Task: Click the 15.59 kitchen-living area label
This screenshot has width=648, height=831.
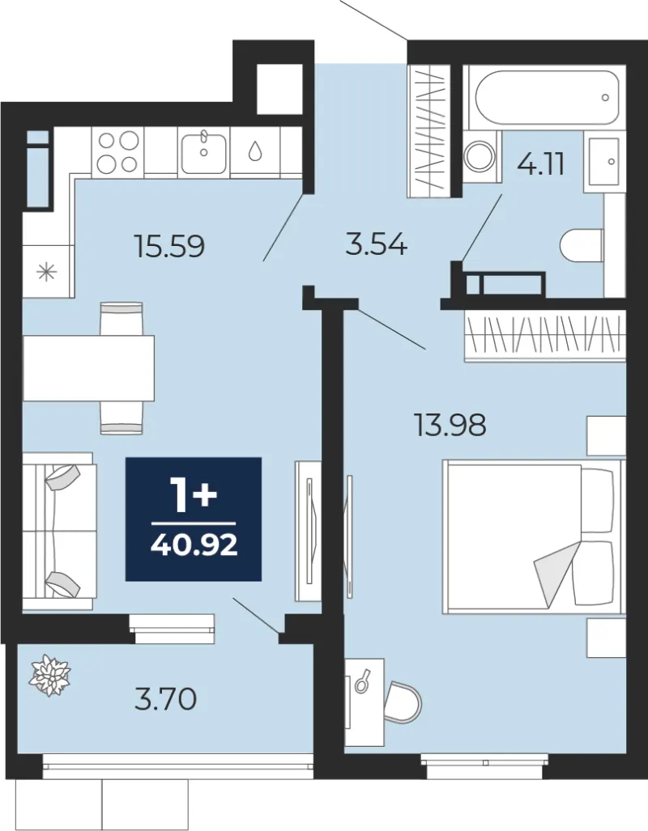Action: click(x=170, y=247)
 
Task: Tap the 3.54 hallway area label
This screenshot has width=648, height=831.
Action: click(x=377, y=245)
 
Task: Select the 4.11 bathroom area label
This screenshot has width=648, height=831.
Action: click(x=540, y=165)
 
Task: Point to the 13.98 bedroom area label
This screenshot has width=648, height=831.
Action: click(x=450, y=425)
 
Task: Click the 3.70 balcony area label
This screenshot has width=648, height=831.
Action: click(x=166, y=700)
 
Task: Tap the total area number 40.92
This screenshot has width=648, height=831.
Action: click(x=194, y=545)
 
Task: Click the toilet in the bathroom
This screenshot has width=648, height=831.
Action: click(x=582, y=245)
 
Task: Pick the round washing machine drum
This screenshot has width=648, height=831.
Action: click(x=481, y=155)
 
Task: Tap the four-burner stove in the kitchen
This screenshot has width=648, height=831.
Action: click(x=117, y=151)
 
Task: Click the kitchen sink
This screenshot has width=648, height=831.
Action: click(x=204, y=153)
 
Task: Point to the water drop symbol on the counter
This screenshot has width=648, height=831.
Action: click(x=256, y=151)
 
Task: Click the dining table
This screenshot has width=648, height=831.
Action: click(x=88, y=368)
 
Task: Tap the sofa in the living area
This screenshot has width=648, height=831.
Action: click(x=58, y=531)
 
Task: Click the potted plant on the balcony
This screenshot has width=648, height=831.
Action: click(x=49, y=675)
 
